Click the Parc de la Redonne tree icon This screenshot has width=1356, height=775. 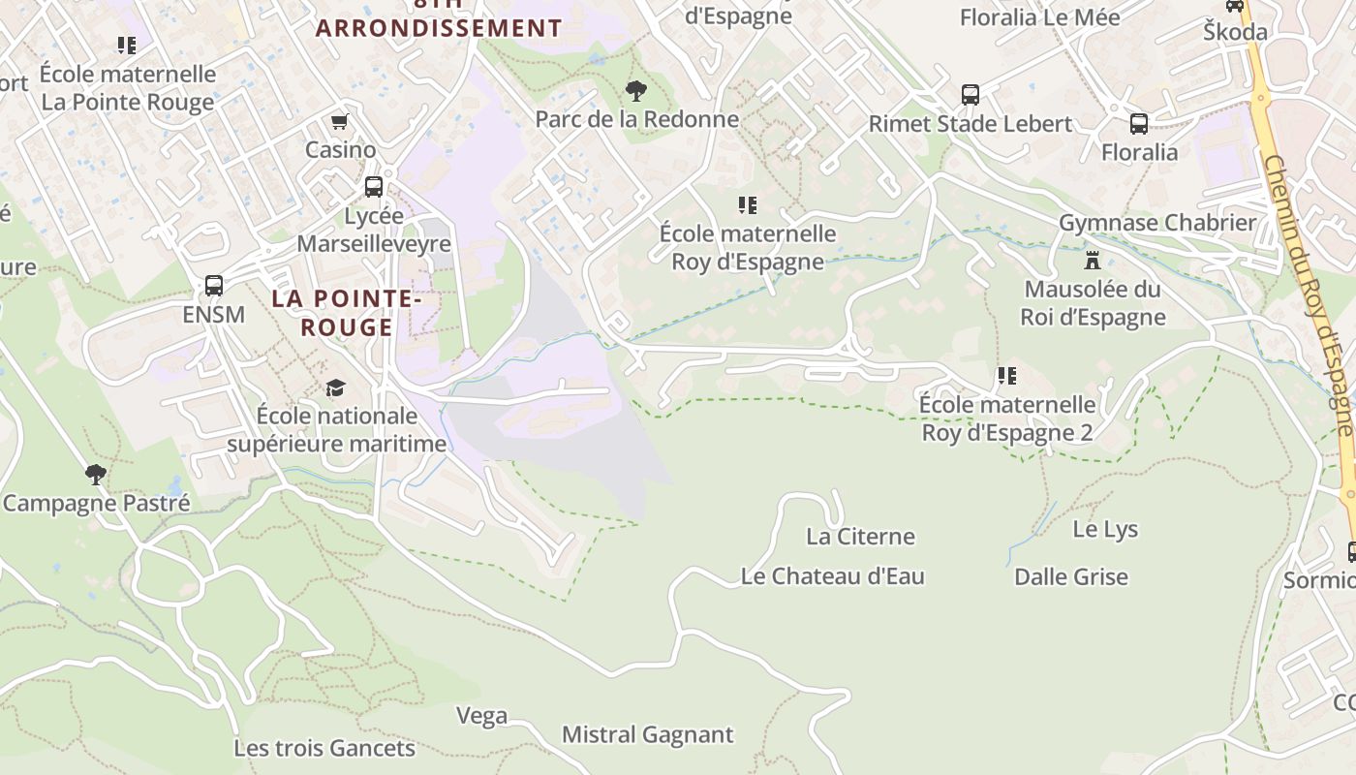pyautogui.click(x=636, y=91)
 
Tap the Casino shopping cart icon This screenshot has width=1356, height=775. pyautogui.click(x=339, y=122)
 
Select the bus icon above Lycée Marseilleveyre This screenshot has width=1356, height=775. pyautogui.click(x=374, y=187)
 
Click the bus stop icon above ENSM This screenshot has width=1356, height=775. pyautogui.click(x=214, y=286)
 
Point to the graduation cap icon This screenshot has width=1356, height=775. pyautogui.click(x=335, y=387)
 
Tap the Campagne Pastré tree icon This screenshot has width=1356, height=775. pyautogui.click(x=95, y=475)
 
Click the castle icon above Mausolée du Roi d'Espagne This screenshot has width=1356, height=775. pyautogui.click(x=1093, y=260)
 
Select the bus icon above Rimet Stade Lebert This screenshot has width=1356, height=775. pyautogui.click(x=971, y=95)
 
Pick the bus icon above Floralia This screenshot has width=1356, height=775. pyautogui.click(x=1139, y=124)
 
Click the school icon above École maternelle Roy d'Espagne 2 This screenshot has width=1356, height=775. pyautogui.click(x=1007, y=375)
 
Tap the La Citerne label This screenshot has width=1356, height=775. pyautogui.click(x=860, y=536)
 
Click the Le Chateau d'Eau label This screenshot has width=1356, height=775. pyautogui.click(x=832, y=576)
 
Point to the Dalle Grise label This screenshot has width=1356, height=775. pyautogui.click(x=1070, y=576)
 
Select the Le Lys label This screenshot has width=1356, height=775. pyautogui.click(x=1105, y=529)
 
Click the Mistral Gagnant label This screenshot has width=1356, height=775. pyautogui.click(x=647, y=734)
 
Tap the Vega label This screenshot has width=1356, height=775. pyautogui.click(x=481, y=716)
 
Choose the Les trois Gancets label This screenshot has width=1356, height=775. pyautogui.click(x=324, y=748)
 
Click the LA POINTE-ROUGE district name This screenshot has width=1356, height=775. pyautogui.click(x=346, y=313)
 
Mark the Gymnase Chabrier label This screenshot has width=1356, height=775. pyautogui.click(x=1156, y=222)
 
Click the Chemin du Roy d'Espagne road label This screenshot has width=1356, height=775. pyautogui.click(x=1307, y=291)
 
